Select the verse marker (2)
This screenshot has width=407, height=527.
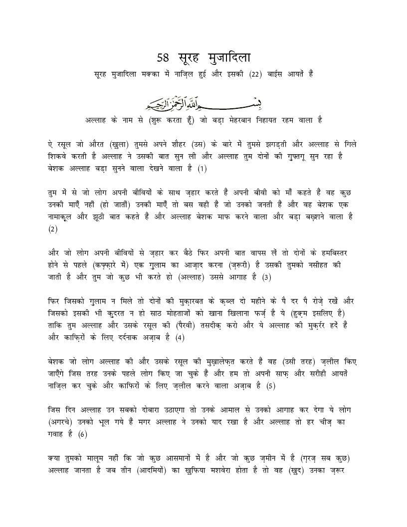[53, 229]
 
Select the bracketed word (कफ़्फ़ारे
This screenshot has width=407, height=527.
[115, 265]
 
